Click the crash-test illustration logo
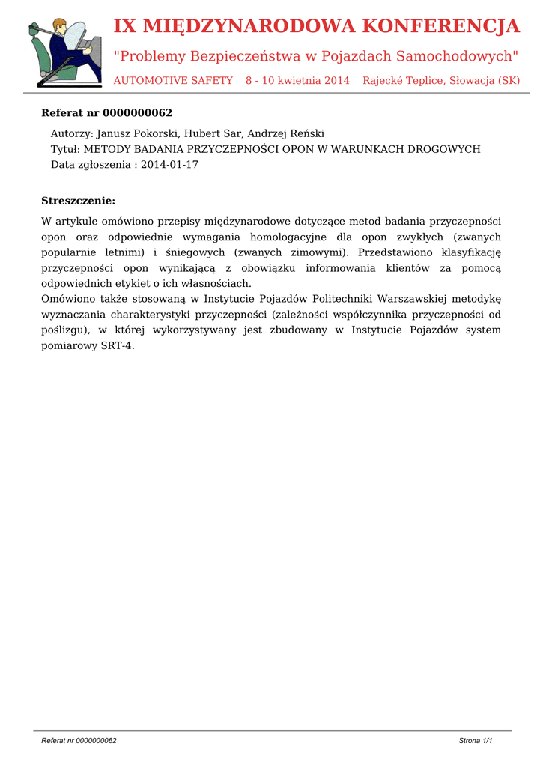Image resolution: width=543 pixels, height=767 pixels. [x=64, y=53]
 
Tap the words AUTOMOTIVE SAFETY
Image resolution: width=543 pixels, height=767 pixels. [x=173, y=80]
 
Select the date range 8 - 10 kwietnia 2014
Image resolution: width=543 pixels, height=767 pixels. [x=297, y=80]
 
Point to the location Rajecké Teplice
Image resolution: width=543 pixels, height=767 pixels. [x=403, y=80]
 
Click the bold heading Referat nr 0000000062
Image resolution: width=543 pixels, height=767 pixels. [x=106, y=113]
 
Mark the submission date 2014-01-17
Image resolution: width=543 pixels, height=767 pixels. [x=169, y=165]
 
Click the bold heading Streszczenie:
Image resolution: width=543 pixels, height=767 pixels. [x=78, y=201]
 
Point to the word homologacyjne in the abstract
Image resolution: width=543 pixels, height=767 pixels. [x=287, y=237]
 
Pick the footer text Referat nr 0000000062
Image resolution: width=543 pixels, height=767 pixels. [x=79, y=741]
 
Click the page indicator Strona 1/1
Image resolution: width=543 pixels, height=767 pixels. [x=475, y=741]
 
